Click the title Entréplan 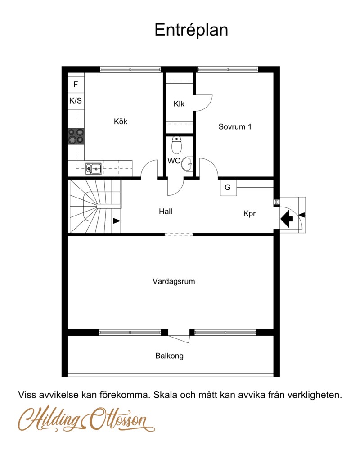tap(191, 30)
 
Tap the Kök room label tap(121, 122)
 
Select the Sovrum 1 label tap(235, 127)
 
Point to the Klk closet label tap(179, 104)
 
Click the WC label tap(174, 161)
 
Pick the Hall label tap(166, 211)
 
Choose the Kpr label tap(249, 214)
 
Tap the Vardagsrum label tap(174, 282)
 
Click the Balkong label tap(170, 356)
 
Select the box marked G tap(228, 188)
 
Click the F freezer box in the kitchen tap(76, 84)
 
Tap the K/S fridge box tap(76, 100)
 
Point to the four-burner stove tap(76, 136)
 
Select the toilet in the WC tap(177, 144)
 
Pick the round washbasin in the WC tap(187, 165)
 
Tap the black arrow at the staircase tap(117, 221)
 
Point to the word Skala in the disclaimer tap(165, 396)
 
